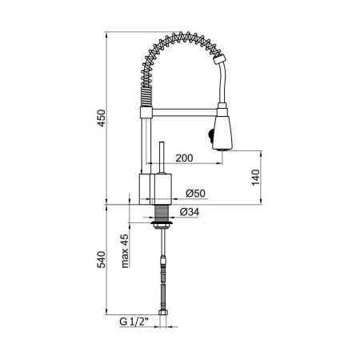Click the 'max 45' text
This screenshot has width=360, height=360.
[x=125, y=252]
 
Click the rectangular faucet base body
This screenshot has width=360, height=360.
[x=156, y=187]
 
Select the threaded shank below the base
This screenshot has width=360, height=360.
[x=162, y=214]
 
